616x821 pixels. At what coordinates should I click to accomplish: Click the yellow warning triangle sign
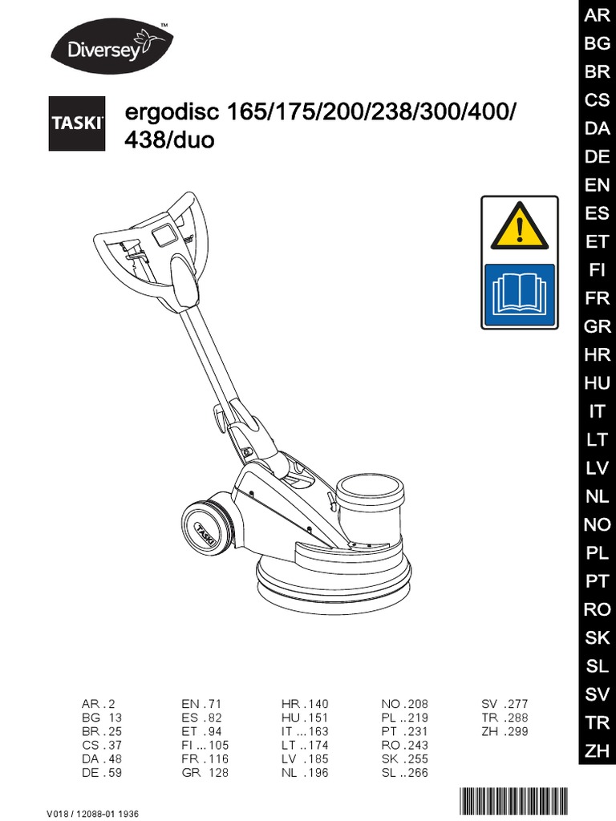pos(519,224)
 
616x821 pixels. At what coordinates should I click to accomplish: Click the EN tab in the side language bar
pos(597,185)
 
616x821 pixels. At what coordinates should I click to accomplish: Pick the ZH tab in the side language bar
pos(597,750)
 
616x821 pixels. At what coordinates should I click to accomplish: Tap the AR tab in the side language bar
pos(597,16)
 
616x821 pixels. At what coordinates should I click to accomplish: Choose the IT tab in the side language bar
pos(597,411)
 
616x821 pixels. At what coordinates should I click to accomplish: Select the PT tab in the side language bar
pos(597,581)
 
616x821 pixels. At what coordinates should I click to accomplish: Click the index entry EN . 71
pos(201,704)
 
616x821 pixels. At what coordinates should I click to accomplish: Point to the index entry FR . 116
pos(205,758)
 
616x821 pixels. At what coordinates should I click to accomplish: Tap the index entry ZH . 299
pos(505,731)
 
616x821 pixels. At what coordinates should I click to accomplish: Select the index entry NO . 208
pos(405,704)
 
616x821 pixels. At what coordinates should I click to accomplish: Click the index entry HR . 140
pos(305,704)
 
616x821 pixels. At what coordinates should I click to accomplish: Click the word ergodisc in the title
pos(171,112)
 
